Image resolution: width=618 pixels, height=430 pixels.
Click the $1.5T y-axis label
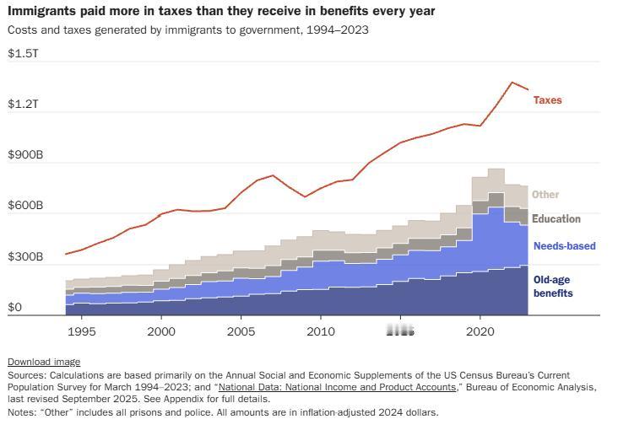[x=23, y=53]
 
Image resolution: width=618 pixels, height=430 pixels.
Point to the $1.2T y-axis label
[x=23, y=104]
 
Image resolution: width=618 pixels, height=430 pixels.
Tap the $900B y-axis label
[x=25, y=155]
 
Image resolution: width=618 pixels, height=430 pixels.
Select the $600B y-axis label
[x=25, y=206]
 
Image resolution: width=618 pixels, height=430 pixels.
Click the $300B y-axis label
[x=25, y=257]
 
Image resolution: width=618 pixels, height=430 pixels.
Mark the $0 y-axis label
[x=14, y=308]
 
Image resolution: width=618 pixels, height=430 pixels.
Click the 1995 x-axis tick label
[x=82, y=331]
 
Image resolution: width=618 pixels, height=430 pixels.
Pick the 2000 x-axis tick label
[x=161, y=331]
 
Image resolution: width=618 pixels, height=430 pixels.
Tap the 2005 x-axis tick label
[x=241, y=331]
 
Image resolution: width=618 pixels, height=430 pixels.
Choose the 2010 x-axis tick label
[x=320, y=331]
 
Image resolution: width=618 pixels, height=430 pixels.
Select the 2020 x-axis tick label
[x=480, y=331]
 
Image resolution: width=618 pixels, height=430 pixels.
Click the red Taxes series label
[x=547, y=100]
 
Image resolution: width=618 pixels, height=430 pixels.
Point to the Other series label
[x=545, y=195]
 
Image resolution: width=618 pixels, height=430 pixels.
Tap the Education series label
[x=556, y=219]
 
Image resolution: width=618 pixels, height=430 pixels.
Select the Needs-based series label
[x=564, y=246]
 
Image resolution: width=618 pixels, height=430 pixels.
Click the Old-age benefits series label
[x=554, y=286]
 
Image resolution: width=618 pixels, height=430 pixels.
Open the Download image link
[x=44, y=362]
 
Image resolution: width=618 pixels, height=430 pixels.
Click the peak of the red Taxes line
[x=512, y=82]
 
